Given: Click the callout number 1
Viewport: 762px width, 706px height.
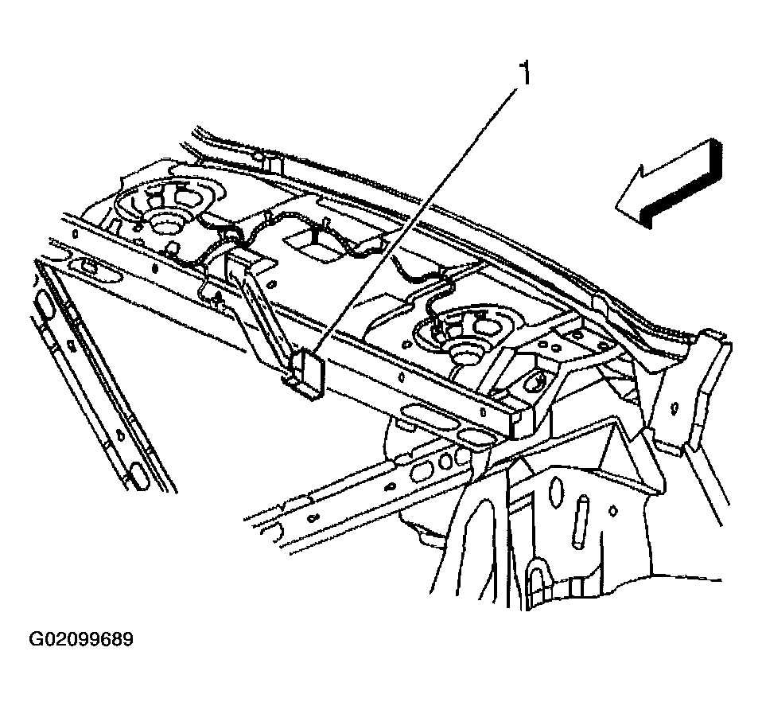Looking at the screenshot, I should pyautogui.click(x=523, y=74).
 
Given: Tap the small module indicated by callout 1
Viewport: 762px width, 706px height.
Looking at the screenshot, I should pyautogui.click(x=308, y=373).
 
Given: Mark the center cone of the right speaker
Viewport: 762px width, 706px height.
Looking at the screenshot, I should pyautogui.click(x=465, y=350).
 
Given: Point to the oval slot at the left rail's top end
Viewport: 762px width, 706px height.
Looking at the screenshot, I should pyautogui.click(x=45, y=306).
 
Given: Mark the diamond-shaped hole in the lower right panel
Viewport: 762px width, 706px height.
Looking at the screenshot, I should pyautogui.click(x=614, y=509).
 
